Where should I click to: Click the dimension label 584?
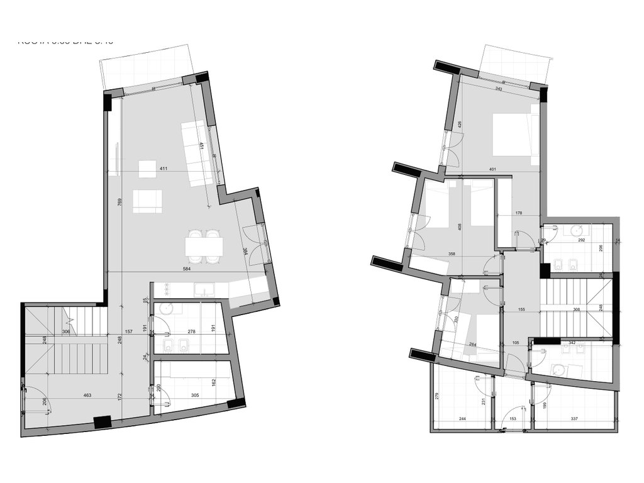pyautogui.click(x=186, y=269)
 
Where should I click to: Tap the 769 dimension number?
pyautogui.click(x=119, y=203)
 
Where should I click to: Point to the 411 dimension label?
pyautogui.click(x=164, y=169)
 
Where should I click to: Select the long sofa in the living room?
pyautogui.click(x=196, y=152)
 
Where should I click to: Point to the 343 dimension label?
pyautogui.click(x=499, y=89)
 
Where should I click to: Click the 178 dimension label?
pyautogui.click(x=518, y=214)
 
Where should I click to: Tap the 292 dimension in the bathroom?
pyautogui.click(x=582, y=240)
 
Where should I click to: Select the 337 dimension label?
pyautogui.click(x=574, y=418)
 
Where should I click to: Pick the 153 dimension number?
pyautogui.click(x=513, y=418)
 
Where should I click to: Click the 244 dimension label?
pyautogui.click(x=462, y=418)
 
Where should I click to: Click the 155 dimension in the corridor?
pyautogui.click(x=521, y=309)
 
